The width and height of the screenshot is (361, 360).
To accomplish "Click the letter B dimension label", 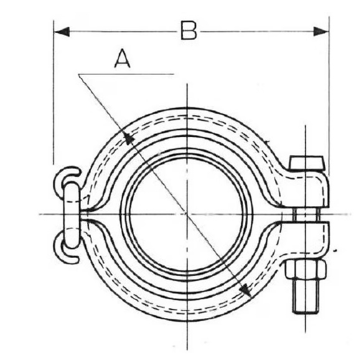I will [x=189, y=29].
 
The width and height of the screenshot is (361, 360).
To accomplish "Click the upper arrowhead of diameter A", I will [x=128, y=138].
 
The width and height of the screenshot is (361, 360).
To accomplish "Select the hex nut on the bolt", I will [x=305, y=270].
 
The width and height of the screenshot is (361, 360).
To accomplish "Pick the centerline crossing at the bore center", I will [x=187, y=214].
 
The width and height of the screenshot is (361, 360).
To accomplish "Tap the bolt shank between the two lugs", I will [x=306, y=214].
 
